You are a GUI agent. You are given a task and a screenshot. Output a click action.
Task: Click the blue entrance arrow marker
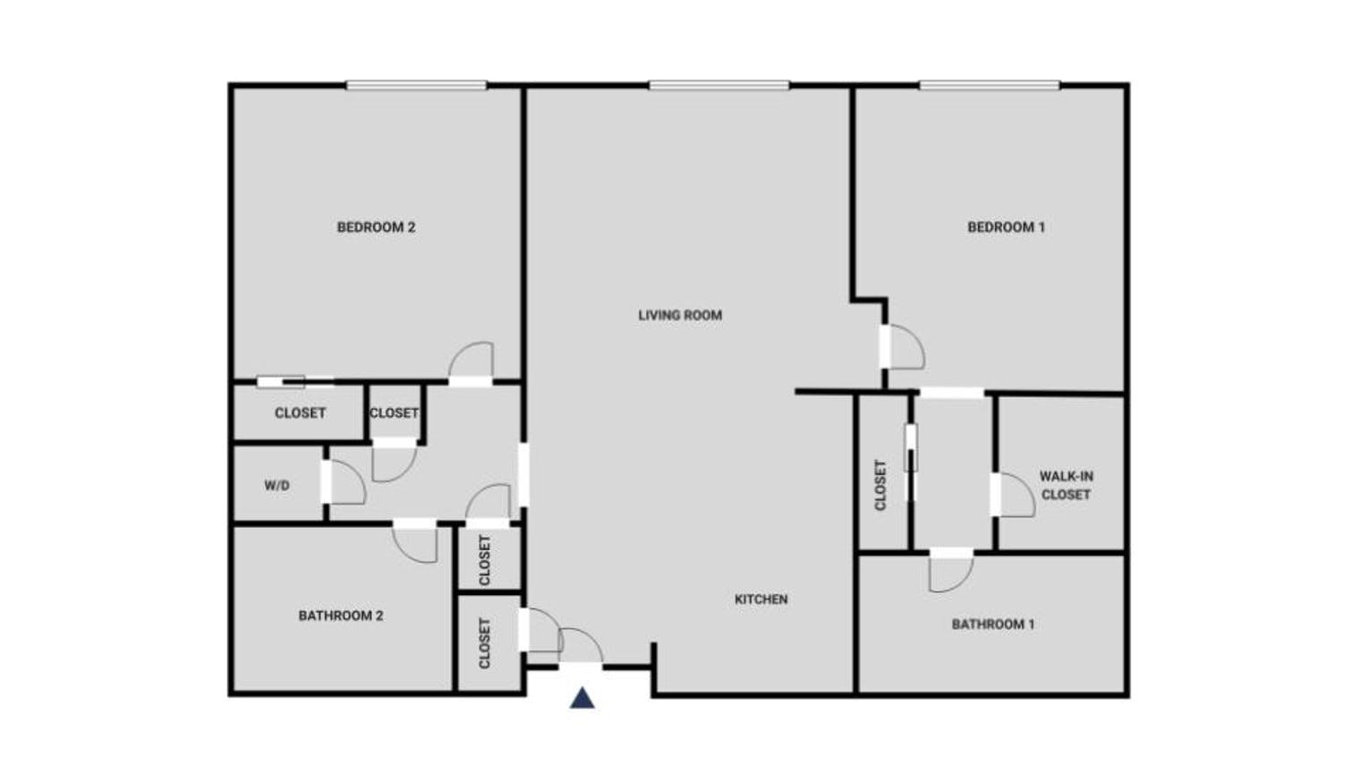(x=582, y=699)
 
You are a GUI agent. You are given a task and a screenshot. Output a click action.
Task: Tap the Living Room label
(x=680, y=315)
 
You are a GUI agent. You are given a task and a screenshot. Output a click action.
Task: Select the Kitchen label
(x=761, y=599)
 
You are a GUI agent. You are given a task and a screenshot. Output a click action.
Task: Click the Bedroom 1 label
(x=1006, y=227)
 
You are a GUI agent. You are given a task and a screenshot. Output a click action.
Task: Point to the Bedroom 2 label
(x=376, y=227)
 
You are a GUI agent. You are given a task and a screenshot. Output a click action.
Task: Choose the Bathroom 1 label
(x=992, y=625)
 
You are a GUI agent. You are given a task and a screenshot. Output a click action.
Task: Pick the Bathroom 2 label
(x=341, y=616)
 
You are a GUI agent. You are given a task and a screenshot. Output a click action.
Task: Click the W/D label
(x=276, y=486)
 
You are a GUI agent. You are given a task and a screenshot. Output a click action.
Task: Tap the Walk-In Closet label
(x=1067, y=485)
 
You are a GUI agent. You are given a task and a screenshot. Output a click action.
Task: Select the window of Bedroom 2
(x=417, y=86)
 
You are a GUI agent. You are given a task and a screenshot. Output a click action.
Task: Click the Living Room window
(x=719, y=86)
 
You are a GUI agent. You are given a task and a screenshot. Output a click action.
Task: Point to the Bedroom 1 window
(x=990, y=86)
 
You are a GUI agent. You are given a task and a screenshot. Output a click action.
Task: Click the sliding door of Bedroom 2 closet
(x=295, y=382)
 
